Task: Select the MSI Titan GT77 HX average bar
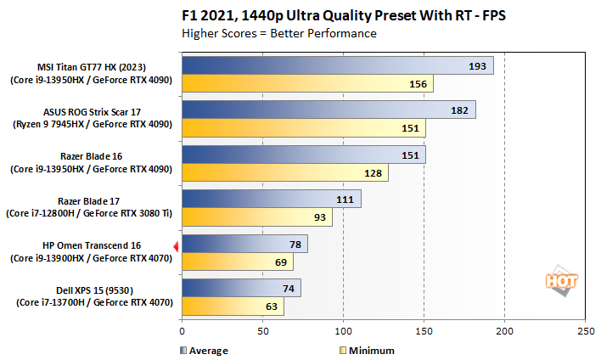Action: (x=337, y=66)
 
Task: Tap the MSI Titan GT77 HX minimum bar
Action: (x=307, y=83)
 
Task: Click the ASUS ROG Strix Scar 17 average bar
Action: (x=329, y=110)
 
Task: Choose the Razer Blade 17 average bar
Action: (x=271, y=199)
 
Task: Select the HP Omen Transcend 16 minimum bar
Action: (x=238, y=262)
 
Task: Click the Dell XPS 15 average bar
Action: (x=241, y=288)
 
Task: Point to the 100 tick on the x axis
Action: (x=343, y=330)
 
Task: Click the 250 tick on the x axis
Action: (x=585, y=330)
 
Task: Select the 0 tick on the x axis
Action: (x=182, y=330)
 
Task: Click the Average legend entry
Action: (x=205, y=349)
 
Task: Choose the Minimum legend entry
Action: (x=366, y=349)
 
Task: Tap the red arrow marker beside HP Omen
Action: (x=176, y=247)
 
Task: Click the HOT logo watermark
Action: (x=559, y=281)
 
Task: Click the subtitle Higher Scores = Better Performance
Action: (x=279, y=34)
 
